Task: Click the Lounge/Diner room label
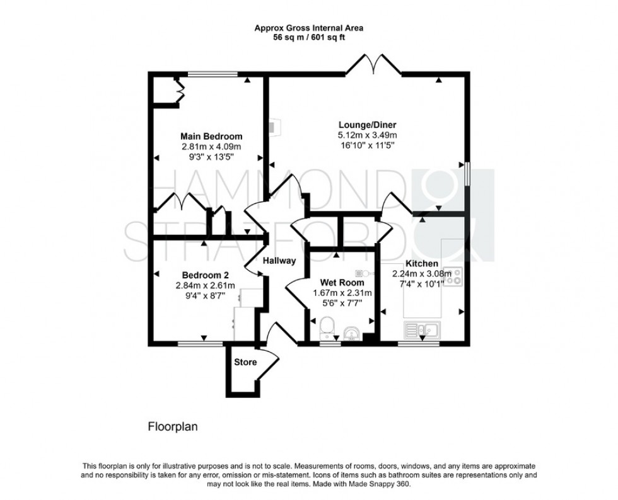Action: click(367, 125)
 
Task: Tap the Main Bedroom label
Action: click(211, 136)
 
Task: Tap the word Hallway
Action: click(279, 261)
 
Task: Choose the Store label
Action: click(245, 362)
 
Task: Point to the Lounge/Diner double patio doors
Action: click(373, 64)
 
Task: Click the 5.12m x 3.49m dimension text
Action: click(367, 135)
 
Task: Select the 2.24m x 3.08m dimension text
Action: click(418, 274)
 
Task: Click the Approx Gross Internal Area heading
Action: click(308, 28)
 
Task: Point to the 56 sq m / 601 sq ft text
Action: click(308, 37)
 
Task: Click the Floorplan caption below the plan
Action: click(172, 426)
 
